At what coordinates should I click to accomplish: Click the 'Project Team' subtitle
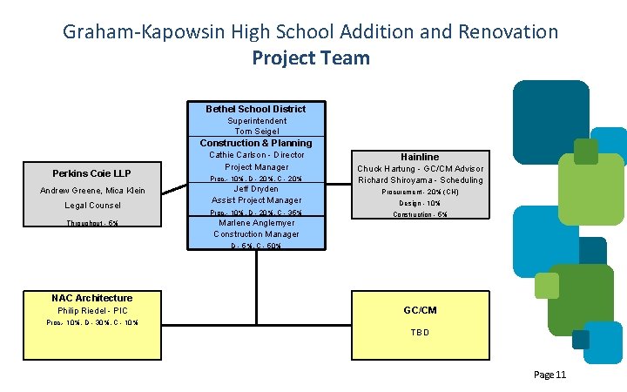pyautogui.click(x=311, y=58)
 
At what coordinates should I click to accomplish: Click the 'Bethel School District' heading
pyautogui.click(x=255, y=109)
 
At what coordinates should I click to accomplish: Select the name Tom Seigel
pyautogui.click(x=256, y=132)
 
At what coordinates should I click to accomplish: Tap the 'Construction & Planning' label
pyautogui.click(x=256, y=143)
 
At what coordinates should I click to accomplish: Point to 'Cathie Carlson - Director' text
pyautogui.click(x=256, y=155)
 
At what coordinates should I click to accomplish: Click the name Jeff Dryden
pyautogui.click(x=256, y=188)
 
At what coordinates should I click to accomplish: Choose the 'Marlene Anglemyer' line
pyautogui.click(x=256, y=223)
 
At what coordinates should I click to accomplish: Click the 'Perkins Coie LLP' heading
pyautogui.click(x=91, y=173)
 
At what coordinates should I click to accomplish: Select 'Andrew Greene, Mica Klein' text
pyautogui.click(x=92, y=191)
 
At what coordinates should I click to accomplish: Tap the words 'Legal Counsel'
pyautogui.click(x=92, y=206)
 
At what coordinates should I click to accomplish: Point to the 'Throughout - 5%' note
pyautogui.click(x=92, y=224)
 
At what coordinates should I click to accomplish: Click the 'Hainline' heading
pyautogui.click(x=420, y=157)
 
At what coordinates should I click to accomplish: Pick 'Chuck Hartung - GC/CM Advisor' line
pyautogui.click(x=420, y=169)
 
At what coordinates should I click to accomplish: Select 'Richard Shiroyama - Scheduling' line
pyautogui.click(x=420, y=180)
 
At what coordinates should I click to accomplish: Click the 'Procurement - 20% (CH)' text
pyautogui.click(x=420, y=193)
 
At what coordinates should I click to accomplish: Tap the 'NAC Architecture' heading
pyautogui.click(x=92, y=298)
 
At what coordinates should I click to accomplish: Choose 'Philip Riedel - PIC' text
pyautogui.click(x=92, y=311)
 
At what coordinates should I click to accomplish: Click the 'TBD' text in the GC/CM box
pyautogui.click(x=420, y=332)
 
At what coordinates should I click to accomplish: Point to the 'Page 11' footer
pyautogui.click(x=549, y=375)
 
